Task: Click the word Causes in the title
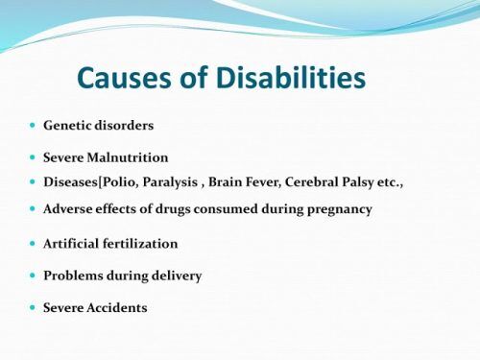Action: click(124, 78)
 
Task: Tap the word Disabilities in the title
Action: click(288, 78)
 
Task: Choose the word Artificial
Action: click(73, 244)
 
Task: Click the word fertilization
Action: click(142, 244)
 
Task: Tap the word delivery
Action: click(175, 276)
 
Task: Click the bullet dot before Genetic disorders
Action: click(33, 126)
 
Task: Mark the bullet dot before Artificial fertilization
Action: click(33, 244)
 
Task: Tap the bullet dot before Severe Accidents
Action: click(33, 308)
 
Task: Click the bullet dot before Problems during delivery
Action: click(33, 276)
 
